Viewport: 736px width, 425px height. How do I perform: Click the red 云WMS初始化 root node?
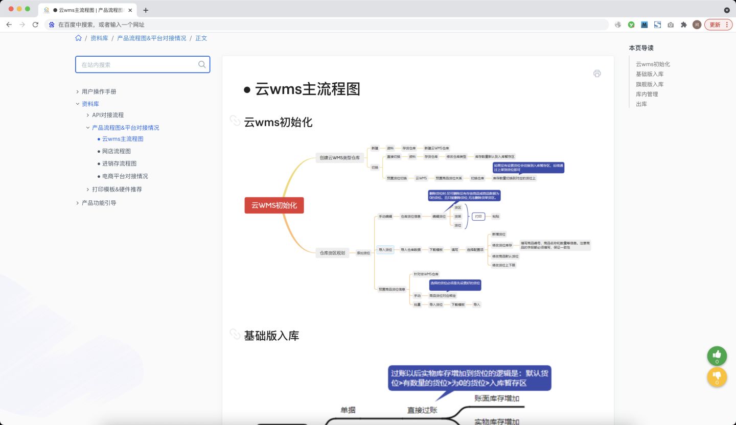pyautogui.click(x=274, y=205)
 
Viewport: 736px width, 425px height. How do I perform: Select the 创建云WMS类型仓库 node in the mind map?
pyautogui.click(x=340, y=158)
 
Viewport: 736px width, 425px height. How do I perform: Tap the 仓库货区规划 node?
pyautogui.click(x=332, y=253)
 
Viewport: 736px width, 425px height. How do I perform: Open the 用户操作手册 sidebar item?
pyautogui.click(x=99, y=91)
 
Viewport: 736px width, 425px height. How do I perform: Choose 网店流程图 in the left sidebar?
pyautogui.click(x=117, y=151)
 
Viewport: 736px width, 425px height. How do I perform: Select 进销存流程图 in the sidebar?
pyautogui.click(x=119, y=163)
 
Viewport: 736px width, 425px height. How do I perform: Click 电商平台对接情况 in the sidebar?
pyautogui.click(x=125, y=176)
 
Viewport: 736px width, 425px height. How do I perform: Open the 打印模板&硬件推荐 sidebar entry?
pyautogui.click(x=117, y=189)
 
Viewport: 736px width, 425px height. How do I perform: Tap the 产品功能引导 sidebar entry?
pyautogui.click(x=99, y=203)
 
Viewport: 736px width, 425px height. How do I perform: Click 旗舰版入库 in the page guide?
pyautogui.click(x=650, y=84)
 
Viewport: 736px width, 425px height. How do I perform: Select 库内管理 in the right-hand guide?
pyautogui.click(x=647, y=94)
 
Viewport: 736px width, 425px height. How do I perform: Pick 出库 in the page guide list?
pyautogui.click(x=641, y=104)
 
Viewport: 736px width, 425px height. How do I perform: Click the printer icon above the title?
pyautogui.click(x=597, y=74)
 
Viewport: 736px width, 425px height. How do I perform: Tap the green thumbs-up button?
pyautogui.click(x=717, y=356)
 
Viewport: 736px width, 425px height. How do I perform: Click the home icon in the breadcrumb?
pyautogui.click(x=78, y=38)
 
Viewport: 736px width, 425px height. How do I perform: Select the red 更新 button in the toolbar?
pyautogui.click(x=718, y=25)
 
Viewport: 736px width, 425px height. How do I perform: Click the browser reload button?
pyautogui.click(x=35, y=25)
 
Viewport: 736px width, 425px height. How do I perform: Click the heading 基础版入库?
pyautogui.click(x=271, y=336)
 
